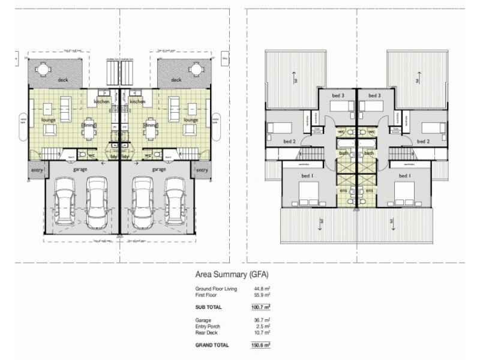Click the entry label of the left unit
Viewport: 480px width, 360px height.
(37, 170)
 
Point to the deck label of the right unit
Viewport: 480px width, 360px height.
(176, 80)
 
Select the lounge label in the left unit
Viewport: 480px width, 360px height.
(49, 120)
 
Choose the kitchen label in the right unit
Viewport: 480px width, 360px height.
(137, 102)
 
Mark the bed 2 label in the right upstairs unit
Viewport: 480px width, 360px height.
(424, 142)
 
